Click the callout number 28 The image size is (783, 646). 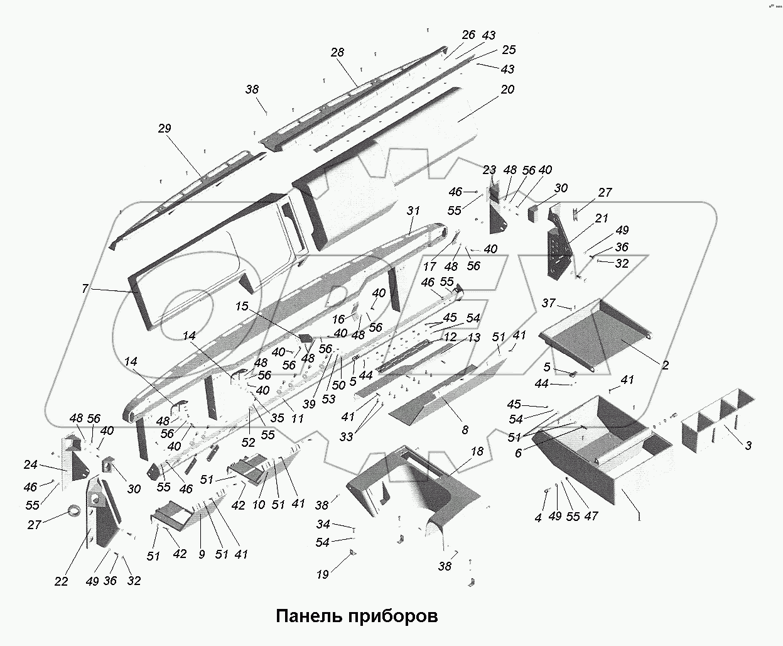[x=337, y=52]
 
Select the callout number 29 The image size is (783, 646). [x=164, y=129]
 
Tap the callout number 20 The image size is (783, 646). [x=507, y=89]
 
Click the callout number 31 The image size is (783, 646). [x=413, y=211]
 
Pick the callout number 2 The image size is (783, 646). [x=665, y=364]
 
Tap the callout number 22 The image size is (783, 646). [x=61, y=581]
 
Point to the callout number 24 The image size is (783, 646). [x=30, y=465]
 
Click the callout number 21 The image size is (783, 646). [x=602, y=218]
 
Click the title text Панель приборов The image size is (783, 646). [x=357, y=615]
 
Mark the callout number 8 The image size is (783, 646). [x=465, y=430]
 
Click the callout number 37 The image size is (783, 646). [x=548, y=304]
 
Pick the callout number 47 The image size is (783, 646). [x=590, y=516]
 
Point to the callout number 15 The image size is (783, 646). [x=242, y=306]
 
